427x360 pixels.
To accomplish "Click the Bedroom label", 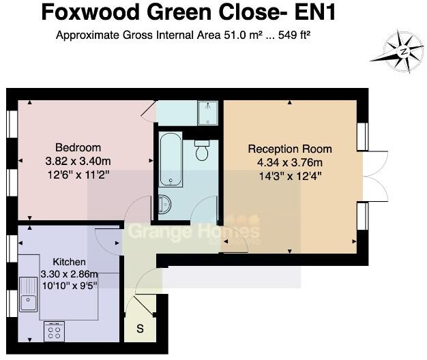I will (78, 147).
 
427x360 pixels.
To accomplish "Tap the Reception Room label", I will (290, 149).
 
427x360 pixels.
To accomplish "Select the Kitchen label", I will (69, 261).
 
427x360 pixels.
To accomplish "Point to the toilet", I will (201, 149).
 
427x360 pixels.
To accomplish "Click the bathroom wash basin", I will (165, 204).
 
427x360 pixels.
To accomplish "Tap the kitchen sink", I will (28, 294).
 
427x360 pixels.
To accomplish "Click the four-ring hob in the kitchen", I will (54, 331).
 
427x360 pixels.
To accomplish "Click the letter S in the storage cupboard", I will (141, 329).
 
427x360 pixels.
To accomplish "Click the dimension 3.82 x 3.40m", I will (78, 161).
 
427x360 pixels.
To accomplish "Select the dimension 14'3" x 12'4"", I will (290, 175).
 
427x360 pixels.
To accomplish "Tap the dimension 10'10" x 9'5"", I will (69, 286).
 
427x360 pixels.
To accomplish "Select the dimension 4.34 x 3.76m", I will (290, 162).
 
